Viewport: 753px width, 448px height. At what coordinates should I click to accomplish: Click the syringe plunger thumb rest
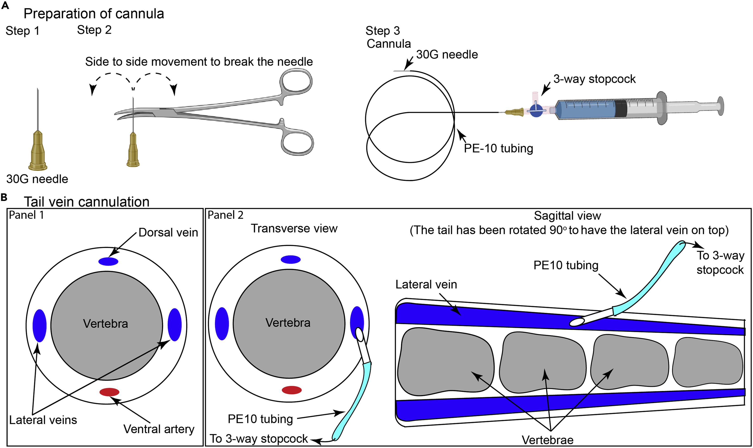click(721, 106)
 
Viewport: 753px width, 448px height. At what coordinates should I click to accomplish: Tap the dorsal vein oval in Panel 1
click(108, 261)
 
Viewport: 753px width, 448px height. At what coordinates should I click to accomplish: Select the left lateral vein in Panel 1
click(39, 326)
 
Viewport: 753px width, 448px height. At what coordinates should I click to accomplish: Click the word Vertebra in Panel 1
click(105, 324)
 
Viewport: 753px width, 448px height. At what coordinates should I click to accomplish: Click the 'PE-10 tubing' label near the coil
click(498, 149)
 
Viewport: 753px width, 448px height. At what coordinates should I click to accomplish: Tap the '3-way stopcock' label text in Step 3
click(594, 79)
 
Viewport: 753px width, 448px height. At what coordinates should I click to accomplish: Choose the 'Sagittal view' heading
click(567, 216)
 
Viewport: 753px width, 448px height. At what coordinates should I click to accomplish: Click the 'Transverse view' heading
click(294, 228)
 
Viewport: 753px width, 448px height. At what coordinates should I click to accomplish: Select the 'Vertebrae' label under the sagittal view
click(547, 440)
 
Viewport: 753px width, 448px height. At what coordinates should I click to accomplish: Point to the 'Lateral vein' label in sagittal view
click(426, 284)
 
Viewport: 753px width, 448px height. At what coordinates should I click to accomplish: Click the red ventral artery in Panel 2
click(292, 390)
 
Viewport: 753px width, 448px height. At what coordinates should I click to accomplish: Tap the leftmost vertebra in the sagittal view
click(446, 362)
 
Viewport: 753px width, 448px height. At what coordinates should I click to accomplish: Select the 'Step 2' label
click(94, 30)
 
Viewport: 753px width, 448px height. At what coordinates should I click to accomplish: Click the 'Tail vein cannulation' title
click(87, 202)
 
